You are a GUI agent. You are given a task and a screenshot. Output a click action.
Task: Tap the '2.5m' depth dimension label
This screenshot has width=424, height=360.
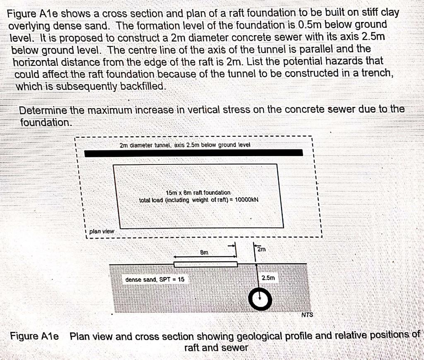[x=268, y=278]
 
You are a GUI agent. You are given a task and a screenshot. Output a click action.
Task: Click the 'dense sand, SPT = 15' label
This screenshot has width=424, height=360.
[x=155, y=280]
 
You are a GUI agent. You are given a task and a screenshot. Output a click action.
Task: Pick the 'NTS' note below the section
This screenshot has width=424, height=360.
[x=307, y=315]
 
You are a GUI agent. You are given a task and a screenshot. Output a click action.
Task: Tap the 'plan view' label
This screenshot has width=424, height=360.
[x=101, y=232]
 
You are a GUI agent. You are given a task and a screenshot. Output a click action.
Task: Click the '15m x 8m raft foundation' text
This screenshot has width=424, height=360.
[x=198, y=193]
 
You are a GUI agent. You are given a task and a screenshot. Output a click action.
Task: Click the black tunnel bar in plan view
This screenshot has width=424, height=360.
[x=193, y=153]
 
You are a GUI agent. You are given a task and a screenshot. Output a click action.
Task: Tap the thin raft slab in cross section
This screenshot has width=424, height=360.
[x=205, y=264]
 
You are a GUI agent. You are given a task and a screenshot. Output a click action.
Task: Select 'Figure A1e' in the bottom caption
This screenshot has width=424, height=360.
[x=34, y=336]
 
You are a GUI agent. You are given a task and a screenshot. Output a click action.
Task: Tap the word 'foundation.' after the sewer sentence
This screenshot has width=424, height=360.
[x=46, y=123]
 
